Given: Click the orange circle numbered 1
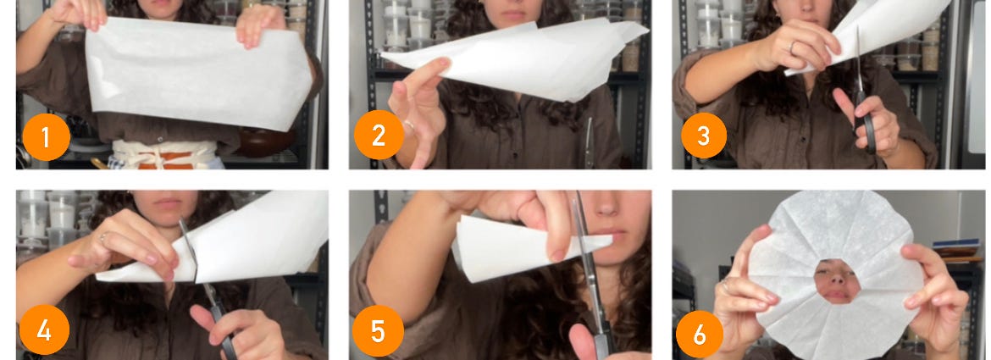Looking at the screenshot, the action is [46, 136].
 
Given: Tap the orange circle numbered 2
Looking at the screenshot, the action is [379, 136].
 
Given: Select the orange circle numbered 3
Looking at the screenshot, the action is [703, 136].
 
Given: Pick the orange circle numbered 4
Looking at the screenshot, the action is [44, 330].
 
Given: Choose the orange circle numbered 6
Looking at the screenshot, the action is [700, 335].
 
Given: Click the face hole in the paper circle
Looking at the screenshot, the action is [837, 281].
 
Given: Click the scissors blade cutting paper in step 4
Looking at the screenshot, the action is [188, 251].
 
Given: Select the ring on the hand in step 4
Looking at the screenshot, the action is [103, 237].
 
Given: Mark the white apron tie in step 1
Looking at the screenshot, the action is [165, 155].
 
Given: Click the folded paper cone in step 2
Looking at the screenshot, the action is [518, 58].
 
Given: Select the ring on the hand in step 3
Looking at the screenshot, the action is [793, 46].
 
